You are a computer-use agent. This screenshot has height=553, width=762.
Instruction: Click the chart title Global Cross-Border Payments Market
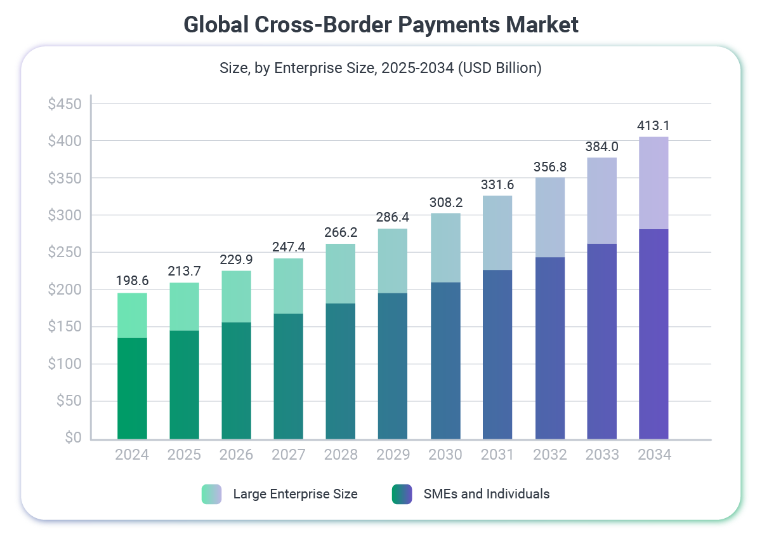click(x=381, y=25)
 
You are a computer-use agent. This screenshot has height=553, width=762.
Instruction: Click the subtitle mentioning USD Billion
click(x=381, y=68)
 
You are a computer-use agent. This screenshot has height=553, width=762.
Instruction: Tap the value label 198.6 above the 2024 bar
click(x=132, y=281)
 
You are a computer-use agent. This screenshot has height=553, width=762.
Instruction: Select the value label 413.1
click(x=654, y=125)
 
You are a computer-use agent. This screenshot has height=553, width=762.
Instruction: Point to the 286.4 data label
click(x=393, y=217)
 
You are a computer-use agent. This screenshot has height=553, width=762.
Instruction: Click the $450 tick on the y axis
click(x=65, y=103)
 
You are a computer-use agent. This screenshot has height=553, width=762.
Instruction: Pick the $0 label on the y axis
click(x=73, y=438)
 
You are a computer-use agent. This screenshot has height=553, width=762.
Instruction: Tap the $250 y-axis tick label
click(x=65, y=252)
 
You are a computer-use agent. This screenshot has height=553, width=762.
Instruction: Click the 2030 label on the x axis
click(x=445, y=455)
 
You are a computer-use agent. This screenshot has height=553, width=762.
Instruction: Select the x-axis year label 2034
click(x=654, y=455)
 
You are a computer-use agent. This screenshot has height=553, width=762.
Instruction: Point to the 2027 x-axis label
click(x=289, y=455)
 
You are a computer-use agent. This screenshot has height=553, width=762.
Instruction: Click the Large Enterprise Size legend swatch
click(x=211, y=494)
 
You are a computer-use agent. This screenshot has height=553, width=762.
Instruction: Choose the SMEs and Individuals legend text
click(x=486, y=494)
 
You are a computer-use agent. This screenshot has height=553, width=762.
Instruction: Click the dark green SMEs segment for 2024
click(x=132, y=388)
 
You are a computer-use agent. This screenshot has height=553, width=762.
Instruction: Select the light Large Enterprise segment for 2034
click(x=654, y=183)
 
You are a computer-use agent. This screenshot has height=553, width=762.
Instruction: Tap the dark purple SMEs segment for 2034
click(x=654, y=334)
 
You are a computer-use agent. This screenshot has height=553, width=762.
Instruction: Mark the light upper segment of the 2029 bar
click(x=393, y=261)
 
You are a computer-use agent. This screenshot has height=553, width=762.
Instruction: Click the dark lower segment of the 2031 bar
click(x=497, y=354)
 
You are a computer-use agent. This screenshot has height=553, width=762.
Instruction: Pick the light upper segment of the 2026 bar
click(x=236, y=296)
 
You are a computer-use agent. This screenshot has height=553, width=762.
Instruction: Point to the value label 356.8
click(x=549, y=167)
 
